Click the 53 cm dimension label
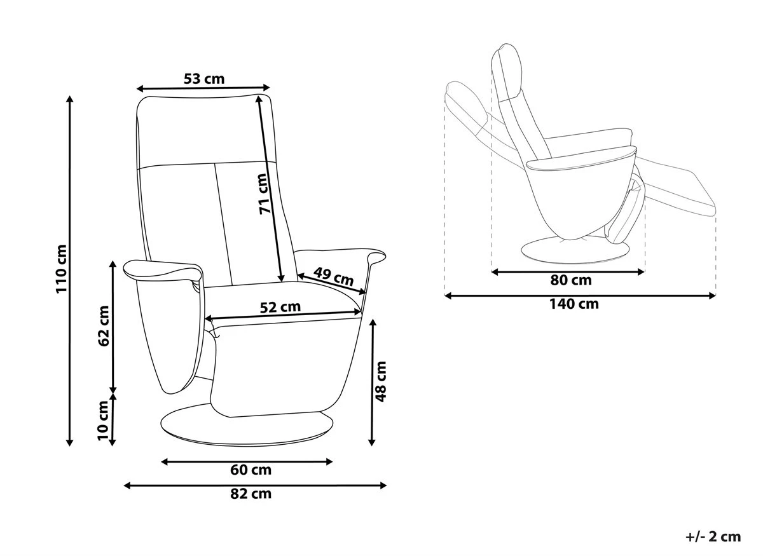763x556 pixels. click(204, 79)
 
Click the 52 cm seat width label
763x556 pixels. click(280, 307)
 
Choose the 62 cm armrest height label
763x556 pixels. click(104, 325)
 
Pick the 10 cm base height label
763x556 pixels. click(104, 420)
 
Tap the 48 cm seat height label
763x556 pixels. click(381, 381)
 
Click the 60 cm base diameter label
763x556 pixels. click(251, 470)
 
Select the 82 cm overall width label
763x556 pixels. click(251, 494)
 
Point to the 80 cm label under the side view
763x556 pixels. click(570, 280)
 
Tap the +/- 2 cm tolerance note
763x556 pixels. click(713, 537)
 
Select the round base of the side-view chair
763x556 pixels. click(574, 250)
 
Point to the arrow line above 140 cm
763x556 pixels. click(580, 295)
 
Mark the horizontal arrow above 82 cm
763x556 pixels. click(254, 485)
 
